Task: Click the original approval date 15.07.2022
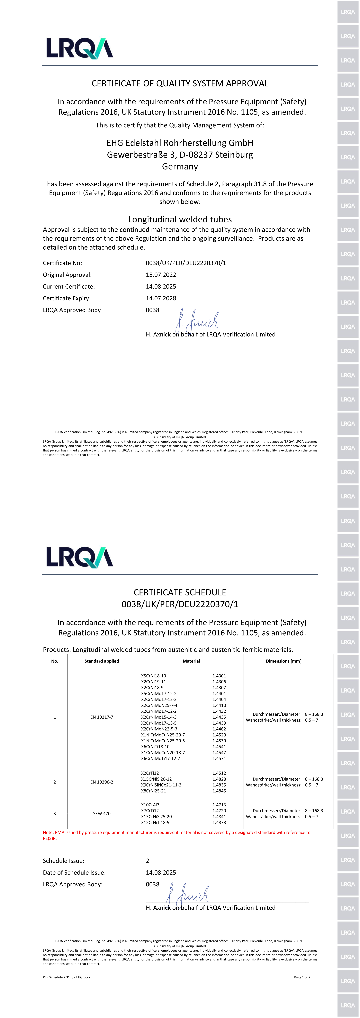161,275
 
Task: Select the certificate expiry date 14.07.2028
161,298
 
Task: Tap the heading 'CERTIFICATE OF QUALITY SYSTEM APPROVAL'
180,83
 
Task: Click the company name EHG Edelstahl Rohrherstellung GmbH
180,143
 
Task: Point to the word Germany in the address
180,166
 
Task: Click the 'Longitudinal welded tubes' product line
180,219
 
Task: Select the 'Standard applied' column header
102,661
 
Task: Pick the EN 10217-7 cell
102,717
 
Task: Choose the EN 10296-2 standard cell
102,782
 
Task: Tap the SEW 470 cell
102,814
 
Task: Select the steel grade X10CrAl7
150,805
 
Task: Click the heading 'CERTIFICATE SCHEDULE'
180,592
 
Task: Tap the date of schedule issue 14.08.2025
161,873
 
